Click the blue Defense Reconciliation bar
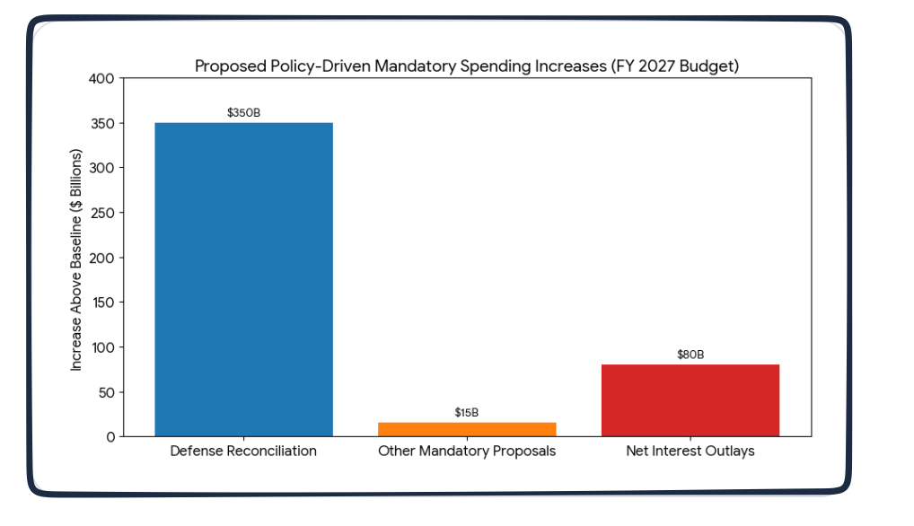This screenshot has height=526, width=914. coord(243,279)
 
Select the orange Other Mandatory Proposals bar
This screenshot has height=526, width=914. coord(467,429)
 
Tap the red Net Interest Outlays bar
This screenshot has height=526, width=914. coord(690,400)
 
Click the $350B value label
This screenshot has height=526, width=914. coord(243,113)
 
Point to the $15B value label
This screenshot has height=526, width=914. coord(467,413)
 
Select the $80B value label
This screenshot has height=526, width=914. coord(690,355)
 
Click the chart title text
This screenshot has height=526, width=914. coord(467,66)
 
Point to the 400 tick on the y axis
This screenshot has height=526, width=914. coord(101,79)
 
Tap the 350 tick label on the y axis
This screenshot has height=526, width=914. coord(101,124)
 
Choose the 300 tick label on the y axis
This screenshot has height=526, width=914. coord(101,169)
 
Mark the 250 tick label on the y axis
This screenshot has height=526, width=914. coord(101,214)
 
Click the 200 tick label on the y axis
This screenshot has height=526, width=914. coord(101,259)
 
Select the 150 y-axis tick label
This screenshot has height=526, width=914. coord(101,302)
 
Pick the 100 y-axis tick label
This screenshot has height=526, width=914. coord(101,347)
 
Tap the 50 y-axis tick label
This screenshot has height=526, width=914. coord(105,392)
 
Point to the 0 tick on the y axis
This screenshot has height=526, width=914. coord(110,437)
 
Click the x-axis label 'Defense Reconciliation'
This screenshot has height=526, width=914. coord(243,451)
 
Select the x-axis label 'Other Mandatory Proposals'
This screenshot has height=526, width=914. coord(467,451)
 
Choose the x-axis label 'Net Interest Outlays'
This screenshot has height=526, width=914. coord(690,451)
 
